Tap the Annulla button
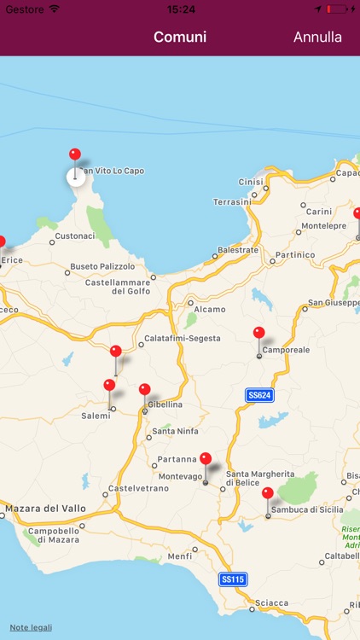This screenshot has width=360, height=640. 317,38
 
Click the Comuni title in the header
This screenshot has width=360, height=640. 180,38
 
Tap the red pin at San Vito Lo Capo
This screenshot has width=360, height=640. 75,155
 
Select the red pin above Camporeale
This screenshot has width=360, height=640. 259,334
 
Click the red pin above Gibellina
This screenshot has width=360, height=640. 144,390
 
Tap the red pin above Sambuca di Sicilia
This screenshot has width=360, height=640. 268,494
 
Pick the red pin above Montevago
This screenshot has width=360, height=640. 205,459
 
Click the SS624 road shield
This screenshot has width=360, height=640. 258,395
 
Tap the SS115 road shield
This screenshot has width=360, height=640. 233,579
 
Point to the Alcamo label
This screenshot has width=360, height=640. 210,310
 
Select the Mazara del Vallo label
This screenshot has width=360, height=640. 45,509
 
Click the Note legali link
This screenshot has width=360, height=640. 31,628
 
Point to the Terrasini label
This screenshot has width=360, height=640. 231,201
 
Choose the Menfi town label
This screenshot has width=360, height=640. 180,557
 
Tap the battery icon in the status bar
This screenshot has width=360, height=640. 339,9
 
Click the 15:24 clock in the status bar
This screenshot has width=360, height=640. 180,9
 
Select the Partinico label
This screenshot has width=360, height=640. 295,255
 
